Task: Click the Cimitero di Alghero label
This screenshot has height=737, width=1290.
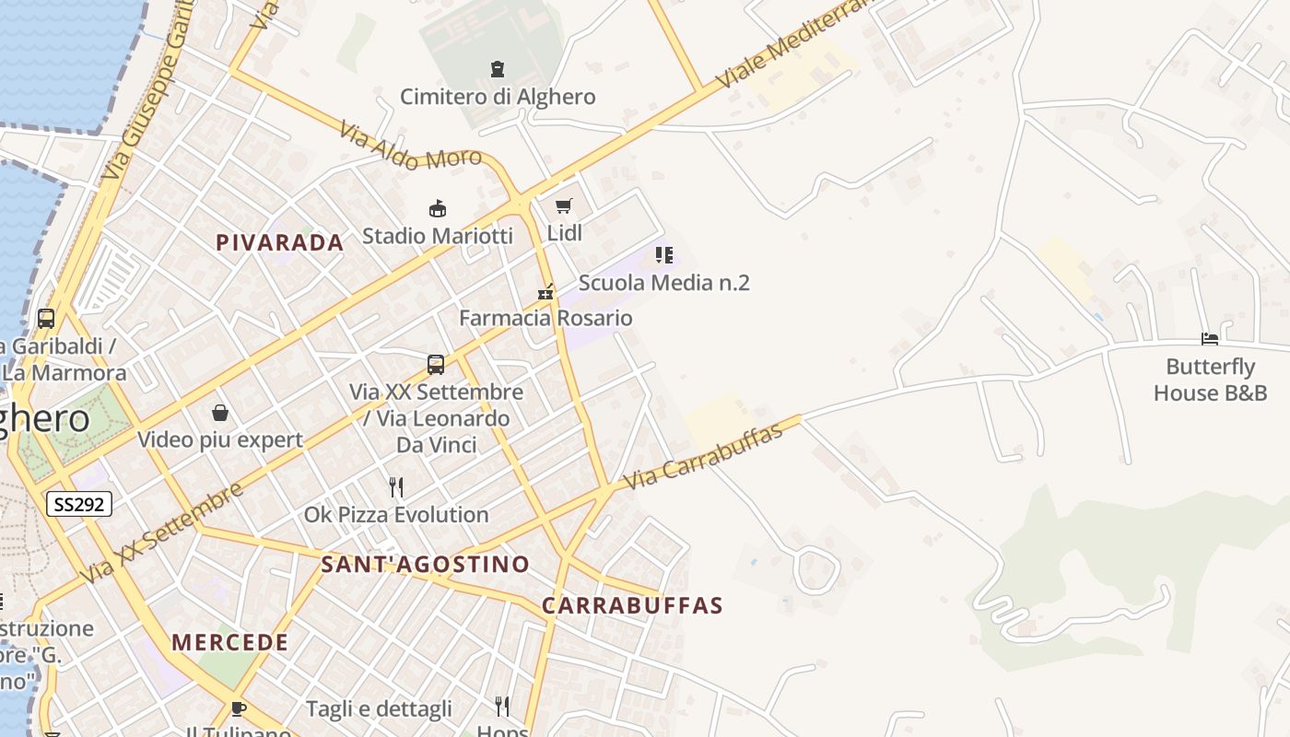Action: tap(498, 97)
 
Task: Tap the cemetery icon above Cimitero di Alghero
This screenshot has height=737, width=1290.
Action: tap(498, 69)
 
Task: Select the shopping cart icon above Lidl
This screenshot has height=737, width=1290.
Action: tap(564, 206)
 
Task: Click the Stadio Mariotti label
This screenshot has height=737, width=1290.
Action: tap(437, 236)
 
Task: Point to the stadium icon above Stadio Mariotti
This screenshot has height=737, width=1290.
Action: tap(438, 209)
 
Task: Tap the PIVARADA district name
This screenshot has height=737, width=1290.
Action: tap(279, 243)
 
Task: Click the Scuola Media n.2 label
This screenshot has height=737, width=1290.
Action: tap(663, 283)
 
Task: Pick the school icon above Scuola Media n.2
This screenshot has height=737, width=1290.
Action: tap(663, 255)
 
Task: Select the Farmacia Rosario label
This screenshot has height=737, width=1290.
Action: tap(545, 319)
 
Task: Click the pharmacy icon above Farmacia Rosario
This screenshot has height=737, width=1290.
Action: tap(546, 292)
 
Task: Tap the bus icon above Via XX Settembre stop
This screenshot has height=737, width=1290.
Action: tap(436, 365)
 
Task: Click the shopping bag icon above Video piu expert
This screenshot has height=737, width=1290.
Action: tap(220, 413)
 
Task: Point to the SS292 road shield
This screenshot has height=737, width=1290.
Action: tap(79, 504)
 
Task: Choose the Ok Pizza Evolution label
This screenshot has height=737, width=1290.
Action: tap(396, 515)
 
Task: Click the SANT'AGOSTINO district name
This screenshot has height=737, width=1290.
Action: tap(425, 565)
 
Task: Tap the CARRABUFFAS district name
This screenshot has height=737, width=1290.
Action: tap(632, 606)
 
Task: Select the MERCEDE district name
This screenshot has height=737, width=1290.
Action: tap(230, 643)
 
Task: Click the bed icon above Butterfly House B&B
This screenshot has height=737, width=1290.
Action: tap(1210, 339)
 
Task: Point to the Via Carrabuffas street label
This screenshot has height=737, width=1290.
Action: tap(703, 456)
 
